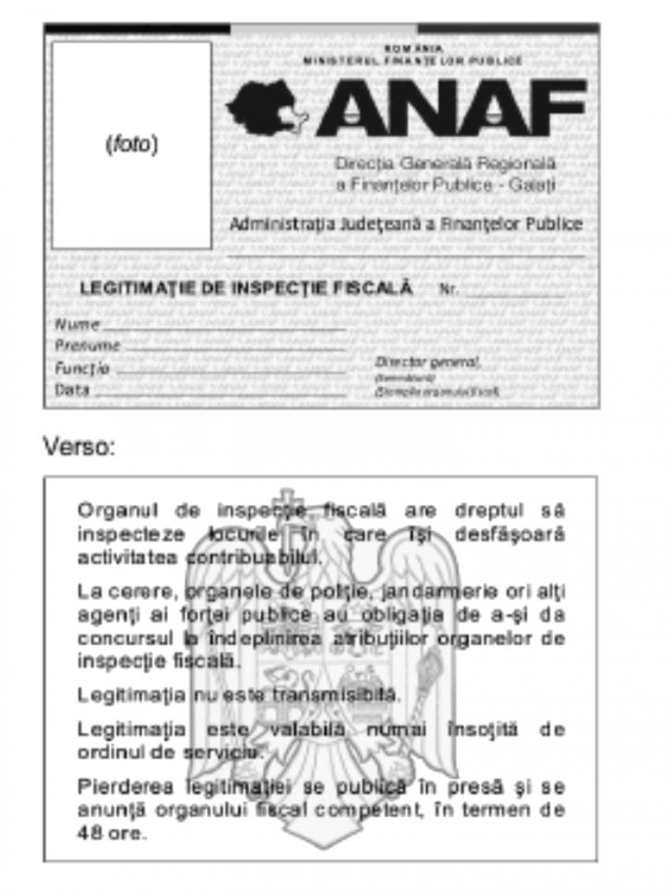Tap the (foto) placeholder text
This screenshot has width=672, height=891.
click(132, 145)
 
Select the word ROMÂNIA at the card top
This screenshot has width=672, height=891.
click(413, 47)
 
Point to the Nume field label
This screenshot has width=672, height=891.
click(77, 324)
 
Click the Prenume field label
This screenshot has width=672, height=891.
click(87, 345)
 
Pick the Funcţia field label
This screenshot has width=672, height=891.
click(82, 367)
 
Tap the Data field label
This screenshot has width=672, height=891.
click(72, 389)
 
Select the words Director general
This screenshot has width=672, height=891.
click(427, 362)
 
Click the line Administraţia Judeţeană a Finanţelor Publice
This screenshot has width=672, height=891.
click(406, 224)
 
